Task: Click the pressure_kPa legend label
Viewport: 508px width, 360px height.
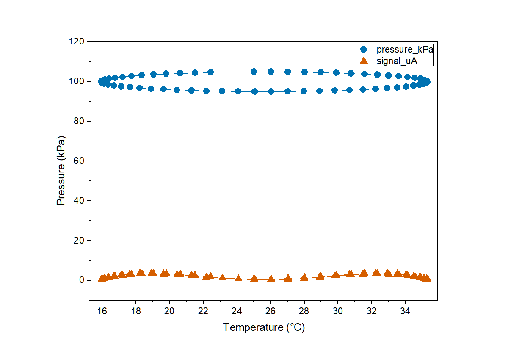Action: click(x=405, y=50)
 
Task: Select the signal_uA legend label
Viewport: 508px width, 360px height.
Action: click(x=397, y=61)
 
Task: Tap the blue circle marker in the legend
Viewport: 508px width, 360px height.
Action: click(x=364, y=50)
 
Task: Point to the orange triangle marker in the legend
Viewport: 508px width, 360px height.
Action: click(x=364, y=60)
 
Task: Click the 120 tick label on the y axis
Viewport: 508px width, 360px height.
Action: click(x=77, y=42)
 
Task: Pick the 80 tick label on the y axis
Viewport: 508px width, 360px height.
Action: click(x=79, y=121)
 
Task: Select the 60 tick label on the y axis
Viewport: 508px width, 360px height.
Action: click(x=79, y=161)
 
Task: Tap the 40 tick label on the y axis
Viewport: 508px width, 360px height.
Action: click(x=79, y=201)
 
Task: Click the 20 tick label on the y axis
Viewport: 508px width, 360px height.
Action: click(x=79, y=241)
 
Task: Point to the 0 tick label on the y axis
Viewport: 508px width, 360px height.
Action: click(x=82, y=280)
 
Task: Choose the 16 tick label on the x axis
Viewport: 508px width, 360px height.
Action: click(x=102, y=311)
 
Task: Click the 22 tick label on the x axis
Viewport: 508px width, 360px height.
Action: click(x=203, y=311)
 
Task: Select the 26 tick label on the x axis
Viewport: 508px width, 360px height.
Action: click(x=271, y=311)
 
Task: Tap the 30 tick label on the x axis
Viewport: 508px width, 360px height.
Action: click(x=338, y=311)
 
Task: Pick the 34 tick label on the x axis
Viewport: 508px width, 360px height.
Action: click(x=405, y=311)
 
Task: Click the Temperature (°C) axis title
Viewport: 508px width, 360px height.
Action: click(x=264, y=327)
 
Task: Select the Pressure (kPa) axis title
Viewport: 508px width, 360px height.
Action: click(x=61, y=171)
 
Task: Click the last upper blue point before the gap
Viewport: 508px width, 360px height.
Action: click(x=210, y=72)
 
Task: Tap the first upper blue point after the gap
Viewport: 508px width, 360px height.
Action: click(x=254, y=72)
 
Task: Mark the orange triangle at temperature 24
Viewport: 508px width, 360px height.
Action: click(x=238, y=278)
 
